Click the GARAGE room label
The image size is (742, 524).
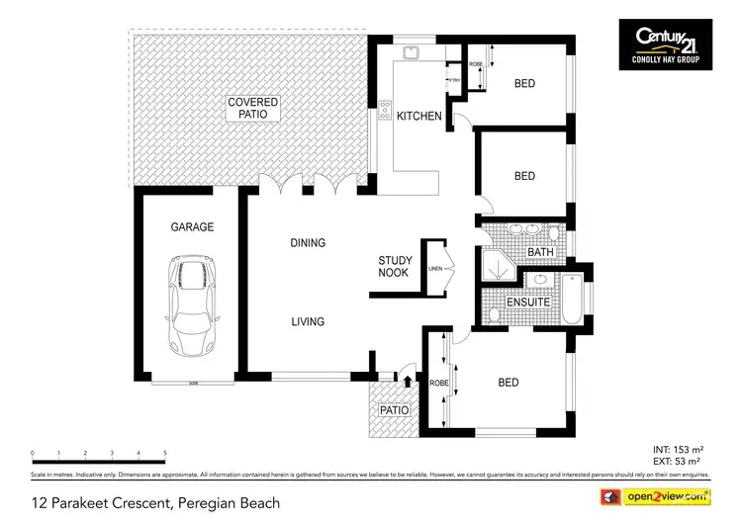(x=192, y=226)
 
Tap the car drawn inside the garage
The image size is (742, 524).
(x=192, y=306)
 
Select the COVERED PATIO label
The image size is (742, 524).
(x=253, y=108)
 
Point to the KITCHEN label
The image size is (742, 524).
(x=418, y=117)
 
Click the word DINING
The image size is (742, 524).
(x=308, y=243)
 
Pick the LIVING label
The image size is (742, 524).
(x=307, y=321)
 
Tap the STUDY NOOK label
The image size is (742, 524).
(x=396, y=268)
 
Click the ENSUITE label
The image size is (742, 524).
(x=527, y=302)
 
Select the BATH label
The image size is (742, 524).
(x=540, y=253)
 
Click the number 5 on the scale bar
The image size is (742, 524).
(x=164, y=454)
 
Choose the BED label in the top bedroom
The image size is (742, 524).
(x=524, y=84)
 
